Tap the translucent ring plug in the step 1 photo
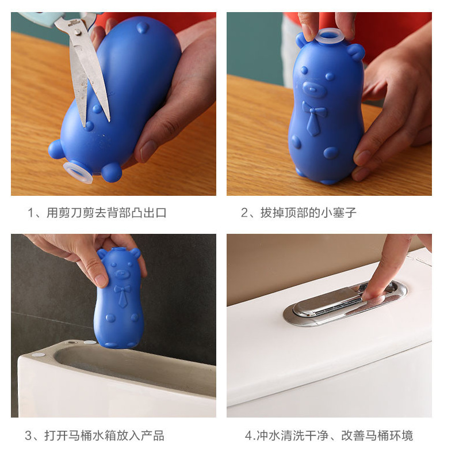(78, 172)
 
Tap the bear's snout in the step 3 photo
(122, 274)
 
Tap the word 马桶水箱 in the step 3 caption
(92, 435)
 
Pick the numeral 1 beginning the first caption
(30, 213)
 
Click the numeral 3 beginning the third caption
(28, 436)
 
